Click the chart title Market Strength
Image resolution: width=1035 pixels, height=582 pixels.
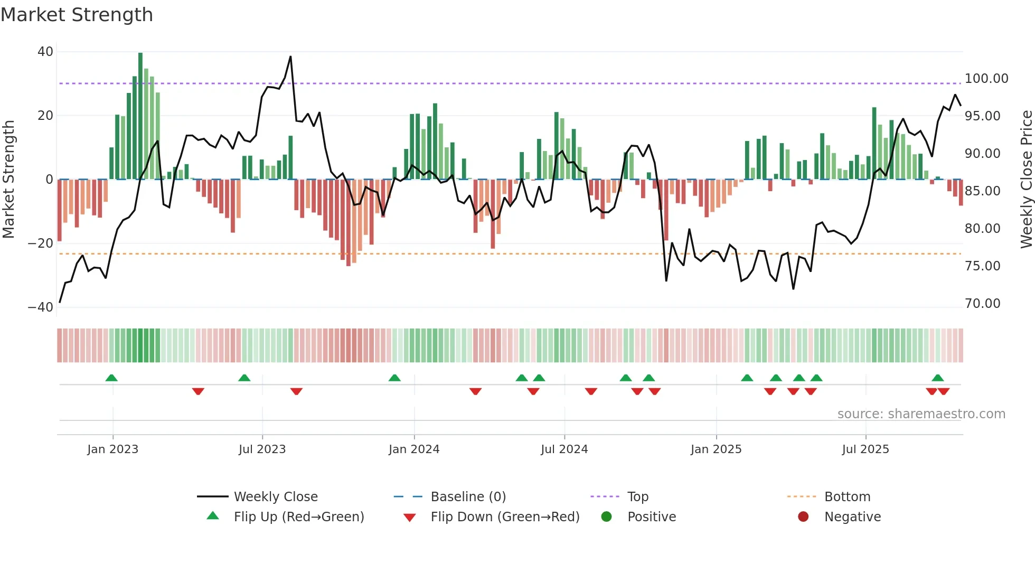77,15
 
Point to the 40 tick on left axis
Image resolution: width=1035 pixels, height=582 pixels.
45,52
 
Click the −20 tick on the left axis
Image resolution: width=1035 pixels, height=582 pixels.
41,243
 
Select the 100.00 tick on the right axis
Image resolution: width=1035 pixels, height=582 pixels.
986,79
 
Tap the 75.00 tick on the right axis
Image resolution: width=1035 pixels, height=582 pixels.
982,266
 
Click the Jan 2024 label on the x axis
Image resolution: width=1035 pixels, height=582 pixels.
413,449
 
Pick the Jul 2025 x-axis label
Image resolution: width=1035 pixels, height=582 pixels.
865,449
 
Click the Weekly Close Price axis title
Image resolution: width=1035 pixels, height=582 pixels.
1026,180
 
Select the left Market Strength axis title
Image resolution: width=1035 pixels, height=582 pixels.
9,180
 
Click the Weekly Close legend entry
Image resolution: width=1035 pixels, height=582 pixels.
276,497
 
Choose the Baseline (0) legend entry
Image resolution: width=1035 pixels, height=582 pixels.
468,497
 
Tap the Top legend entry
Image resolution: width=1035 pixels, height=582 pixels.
637,497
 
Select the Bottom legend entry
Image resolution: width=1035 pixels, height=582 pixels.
847,497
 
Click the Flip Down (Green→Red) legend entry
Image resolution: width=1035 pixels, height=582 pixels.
504,517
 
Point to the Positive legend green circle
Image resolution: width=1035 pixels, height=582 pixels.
606,517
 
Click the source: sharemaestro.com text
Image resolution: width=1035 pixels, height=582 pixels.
921,414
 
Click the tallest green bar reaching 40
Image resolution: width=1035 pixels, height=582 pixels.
140,116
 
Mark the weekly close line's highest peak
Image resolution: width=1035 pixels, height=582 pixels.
290,57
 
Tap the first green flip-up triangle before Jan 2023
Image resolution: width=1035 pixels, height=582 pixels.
111,378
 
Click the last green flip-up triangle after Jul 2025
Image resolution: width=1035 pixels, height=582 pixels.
937,378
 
